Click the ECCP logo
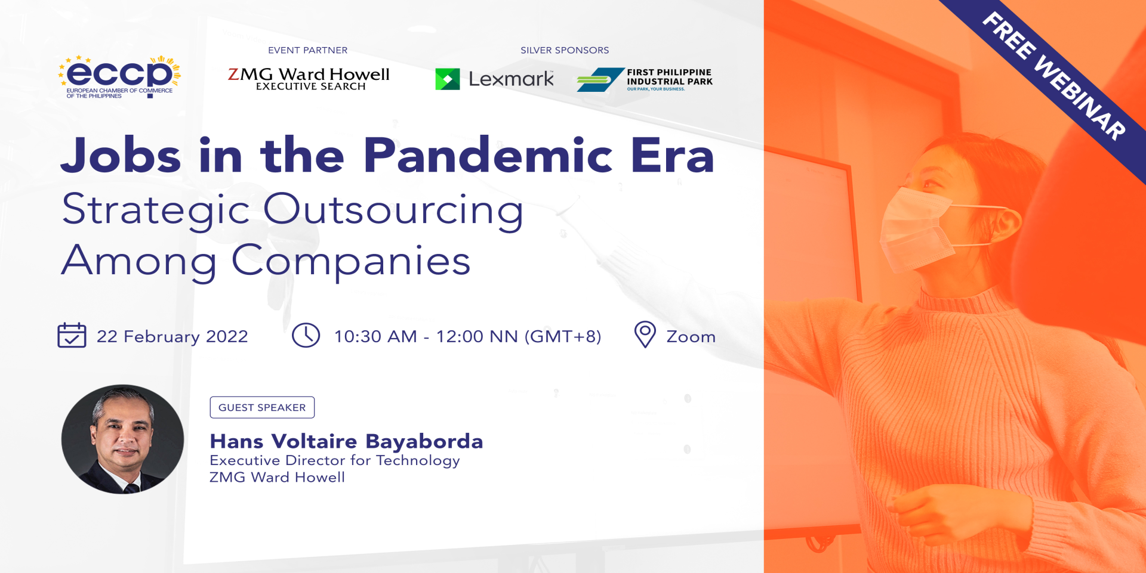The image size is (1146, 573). coord(119,77)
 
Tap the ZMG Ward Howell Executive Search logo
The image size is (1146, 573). coord(309,79)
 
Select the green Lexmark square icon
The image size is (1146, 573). coord(448,79)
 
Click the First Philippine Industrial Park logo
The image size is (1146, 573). coord(645,80)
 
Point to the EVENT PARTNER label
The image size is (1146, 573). coord(307,50)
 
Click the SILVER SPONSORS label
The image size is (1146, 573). coord(565,50)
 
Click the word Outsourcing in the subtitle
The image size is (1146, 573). coord(393,210)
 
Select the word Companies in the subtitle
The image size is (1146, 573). coord(351,261)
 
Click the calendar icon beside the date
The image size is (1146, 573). coord(72,335)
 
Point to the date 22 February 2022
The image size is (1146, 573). coord(172,337)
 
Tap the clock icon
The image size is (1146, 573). coord(306,335)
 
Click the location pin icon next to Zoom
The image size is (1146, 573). coord(645,334)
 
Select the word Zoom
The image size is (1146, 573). coord(691,337)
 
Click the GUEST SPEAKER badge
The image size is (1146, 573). coord(262,407)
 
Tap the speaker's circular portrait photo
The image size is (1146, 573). coord(122,439)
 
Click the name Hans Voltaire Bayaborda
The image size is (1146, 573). coord(346,441)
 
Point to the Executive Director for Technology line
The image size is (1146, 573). coord(334,460)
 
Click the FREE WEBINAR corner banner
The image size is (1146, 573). coord(1053,76)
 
